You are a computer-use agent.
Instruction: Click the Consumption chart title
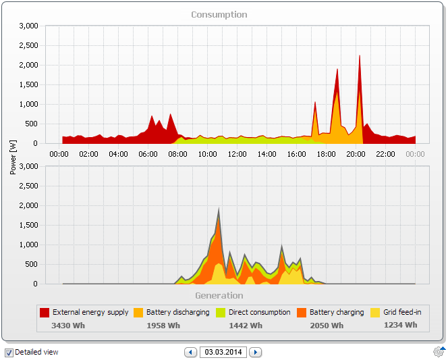pos(219,14)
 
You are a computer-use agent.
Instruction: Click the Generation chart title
pos(219,295)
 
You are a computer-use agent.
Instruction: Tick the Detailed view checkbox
pos(9,353)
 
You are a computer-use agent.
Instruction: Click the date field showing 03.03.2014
pos(223,352)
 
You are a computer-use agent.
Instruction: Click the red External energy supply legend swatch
pos(45,313)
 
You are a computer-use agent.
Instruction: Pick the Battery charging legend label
pos(336,313)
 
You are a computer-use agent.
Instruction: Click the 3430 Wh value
pos(68,326)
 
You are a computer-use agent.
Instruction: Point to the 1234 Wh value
pos(400,325)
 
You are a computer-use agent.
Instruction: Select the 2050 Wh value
pos(327,326)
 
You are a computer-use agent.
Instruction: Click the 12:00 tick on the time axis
pos(237,154)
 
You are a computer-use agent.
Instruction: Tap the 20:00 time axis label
pos(356,154)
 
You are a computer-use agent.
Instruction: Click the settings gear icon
pos(439,352)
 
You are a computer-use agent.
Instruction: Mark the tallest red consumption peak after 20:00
pos(360,57)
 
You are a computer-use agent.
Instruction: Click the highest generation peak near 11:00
pos(219,209)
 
